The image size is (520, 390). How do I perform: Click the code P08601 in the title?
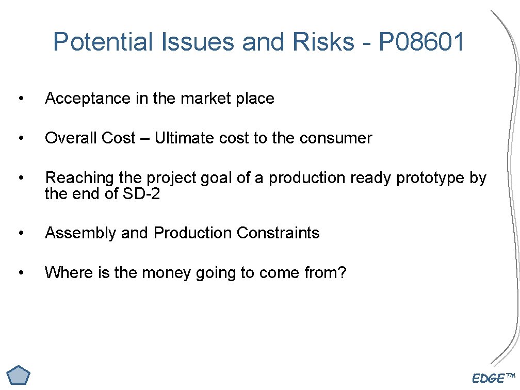pyautogui.click(x=421, y=42)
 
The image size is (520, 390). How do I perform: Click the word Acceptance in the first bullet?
pyautogui.click(x=88, y=98)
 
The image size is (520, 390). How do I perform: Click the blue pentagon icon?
pyautogui.click(x=19, y=376)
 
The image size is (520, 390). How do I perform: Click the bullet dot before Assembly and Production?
pyautogui.click(x=20, y=233)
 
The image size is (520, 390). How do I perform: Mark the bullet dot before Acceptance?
pyautogui.click(x=20, y=99)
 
